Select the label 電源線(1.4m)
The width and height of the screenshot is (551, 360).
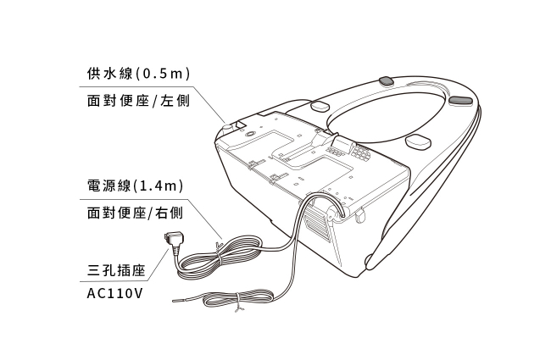[x=136, y=184]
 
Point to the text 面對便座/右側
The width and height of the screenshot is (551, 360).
[x=136, y=214]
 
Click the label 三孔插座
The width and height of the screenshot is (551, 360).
[x=117, y=271]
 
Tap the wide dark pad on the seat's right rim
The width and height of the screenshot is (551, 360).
[x=461, y=101]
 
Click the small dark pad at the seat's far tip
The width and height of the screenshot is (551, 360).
[x=386, y=81]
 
